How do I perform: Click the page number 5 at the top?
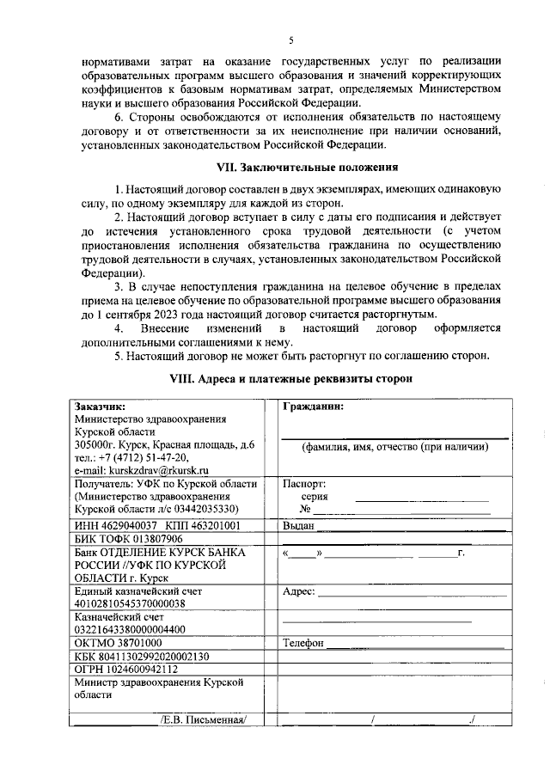290,40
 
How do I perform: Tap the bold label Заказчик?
101,407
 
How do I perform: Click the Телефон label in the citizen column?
302,643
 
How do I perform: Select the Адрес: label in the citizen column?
299,591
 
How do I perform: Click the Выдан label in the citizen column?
298,525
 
